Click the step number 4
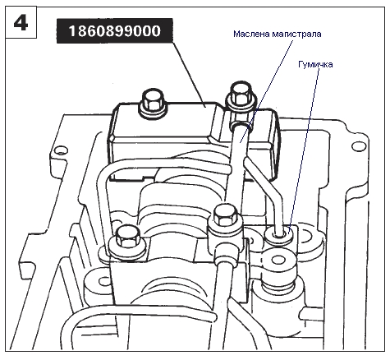(21, 23)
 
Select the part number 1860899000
(115, 30)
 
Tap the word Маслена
(250, 34)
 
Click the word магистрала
(296, 34)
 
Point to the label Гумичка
(315, 65)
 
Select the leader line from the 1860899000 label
(189, 74)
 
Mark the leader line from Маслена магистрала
(266, 90)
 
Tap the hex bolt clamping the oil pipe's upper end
(241, 97)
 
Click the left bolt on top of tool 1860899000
(152, 102)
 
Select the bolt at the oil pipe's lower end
(225, 216)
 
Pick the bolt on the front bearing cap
(126, 241)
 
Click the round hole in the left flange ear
(61, 150)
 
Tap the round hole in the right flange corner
(359, 146)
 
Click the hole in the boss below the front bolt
(103, 281)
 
